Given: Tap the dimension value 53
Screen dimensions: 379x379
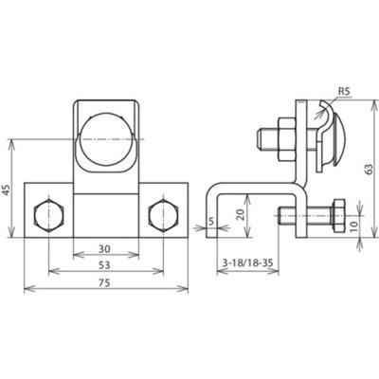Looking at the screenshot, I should [104, 264].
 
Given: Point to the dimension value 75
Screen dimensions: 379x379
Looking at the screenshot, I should [104, 281].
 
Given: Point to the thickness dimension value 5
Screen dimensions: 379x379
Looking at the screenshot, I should [208, 224].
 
